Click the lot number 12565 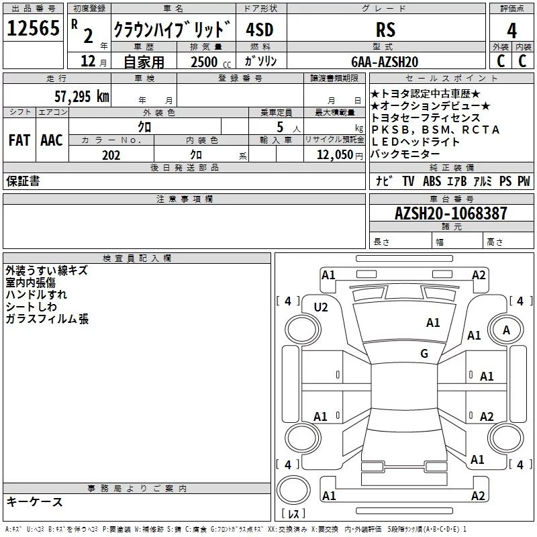coord(33,29)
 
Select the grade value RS coord(385,30)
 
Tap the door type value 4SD coord(260,30)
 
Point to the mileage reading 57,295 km coord(81,96)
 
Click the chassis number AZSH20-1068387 coord(451,213)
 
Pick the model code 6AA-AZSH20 coord(385,61)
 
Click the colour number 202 coord(111,154)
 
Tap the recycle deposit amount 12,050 coord(330,154)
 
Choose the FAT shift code coord(19,140)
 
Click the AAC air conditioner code coord(51,140)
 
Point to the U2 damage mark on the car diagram coord(321,307)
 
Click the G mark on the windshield coord(424,353)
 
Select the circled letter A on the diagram coord(507,330)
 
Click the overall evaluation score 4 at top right coord(511,30)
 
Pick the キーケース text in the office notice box coord(34,501)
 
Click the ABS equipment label coord(432,181)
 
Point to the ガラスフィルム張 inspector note coord(47,319)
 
